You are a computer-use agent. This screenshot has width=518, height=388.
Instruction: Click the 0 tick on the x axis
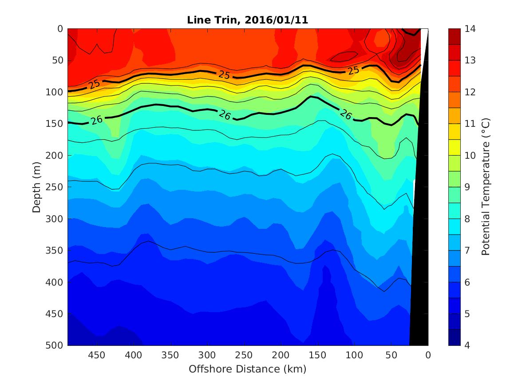coord(428,355)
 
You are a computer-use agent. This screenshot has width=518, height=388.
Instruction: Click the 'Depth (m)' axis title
coord(37,187)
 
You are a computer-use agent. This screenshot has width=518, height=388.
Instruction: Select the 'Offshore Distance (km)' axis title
coord(248,369)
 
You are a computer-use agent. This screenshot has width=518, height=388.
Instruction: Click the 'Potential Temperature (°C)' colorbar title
coord(486,187)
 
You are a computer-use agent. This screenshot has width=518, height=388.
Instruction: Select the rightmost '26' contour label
coord(346,115)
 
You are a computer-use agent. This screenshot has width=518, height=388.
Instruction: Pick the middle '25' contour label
coord(225,75)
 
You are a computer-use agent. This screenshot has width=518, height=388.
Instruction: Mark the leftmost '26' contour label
coord(96,120)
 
